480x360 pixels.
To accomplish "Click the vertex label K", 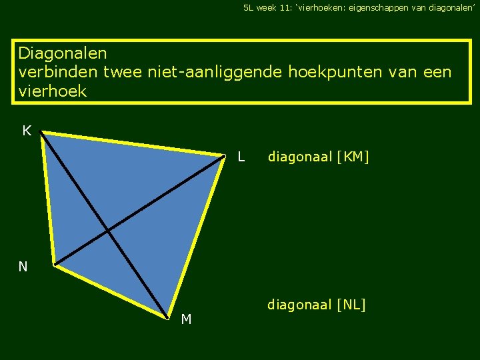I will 27,131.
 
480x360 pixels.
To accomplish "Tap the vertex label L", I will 241,158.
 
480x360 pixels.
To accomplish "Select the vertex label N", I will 23,267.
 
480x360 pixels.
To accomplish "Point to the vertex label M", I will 186,320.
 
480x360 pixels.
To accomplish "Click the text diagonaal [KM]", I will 318,157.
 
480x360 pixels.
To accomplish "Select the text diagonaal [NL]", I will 317,305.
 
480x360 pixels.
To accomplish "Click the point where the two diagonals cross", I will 108,231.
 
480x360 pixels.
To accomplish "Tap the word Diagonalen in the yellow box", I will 63,53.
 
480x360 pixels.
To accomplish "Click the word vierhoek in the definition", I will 53,91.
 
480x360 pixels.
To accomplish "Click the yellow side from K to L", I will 133,145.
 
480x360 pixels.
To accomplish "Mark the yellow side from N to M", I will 111,291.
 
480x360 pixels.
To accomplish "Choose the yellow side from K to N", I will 47,199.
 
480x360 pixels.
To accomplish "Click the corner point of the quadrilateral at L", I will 225,158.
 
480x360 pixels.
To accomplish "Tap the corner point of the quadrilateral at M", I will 168,317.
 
